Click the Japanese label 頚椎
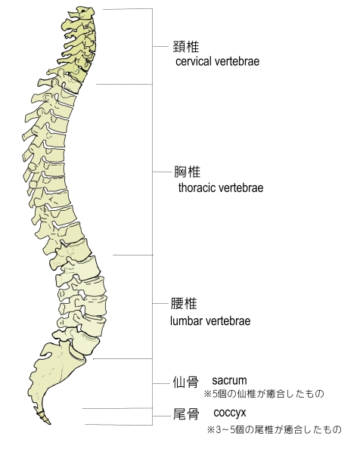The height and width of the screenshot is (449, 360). coord(185,46)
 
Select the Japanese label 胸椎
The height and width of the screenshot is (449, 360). coord(188,172)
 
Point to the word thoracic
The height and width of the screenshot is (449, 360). coord(197,188)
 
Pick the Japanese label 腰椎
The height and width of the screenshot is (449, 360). coord(184,304)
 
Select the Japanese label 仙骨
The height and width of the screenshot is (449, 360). coord(185,382)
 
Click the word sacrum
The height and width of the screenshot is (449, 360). coord(229,380)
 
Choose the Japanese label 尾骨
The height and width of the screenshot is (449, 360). coord(186,414)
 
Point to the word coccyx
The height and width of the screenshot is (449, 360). coord(230,413)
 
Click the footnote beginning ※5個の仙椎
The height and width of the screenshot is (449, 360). coord(264,394)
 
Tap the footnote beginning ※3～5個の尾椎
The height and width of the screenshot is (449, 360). coord(275,429)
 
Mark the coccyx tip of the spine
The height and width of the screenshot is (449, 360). coord(49,423)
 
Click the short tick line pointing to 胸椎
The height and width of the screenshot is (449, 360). coord(162,172)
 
